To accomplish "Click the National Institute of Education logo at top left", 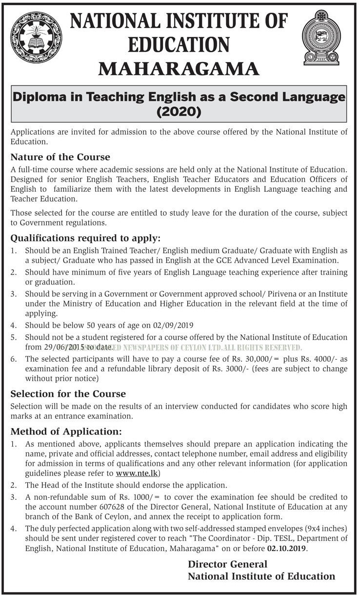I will coord(36,38).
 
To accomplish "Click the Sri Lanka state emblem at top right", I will coord(321,37).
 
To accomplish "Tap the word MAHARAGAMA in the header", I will coord(179,69).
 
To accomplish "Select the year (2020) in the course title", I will coord(179,112).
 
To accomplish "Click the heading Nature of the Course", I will coord(60,157).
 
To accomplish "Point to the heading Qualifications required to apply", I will coord(85,239).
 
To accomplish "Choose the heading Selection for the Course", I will coord(68,393).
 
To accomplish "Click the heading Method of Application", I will coord(66,432).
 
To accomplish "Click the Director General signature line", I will coord(227,564).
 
